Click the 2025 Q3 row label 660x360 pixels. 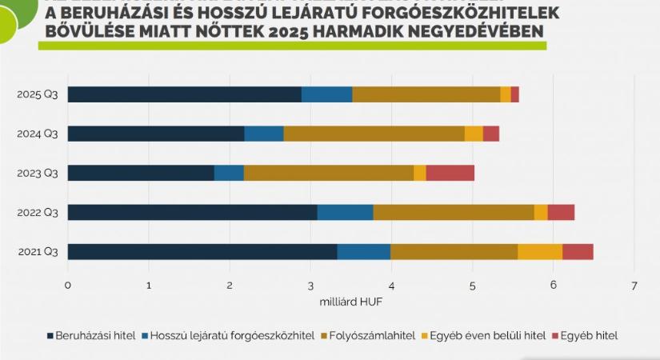(x=38, y=94)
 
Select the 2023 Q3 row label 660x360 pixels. (x=38, y=173)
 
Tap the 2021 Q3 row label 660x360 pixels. (x=38, y=252)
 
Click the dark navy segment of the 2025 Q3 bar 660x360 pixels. (x=184, y=94)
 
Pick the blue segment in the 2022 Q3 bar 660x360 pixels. (x=345, y=212)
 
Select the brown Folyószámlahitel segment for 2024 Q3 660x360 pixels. (x=374, y=134)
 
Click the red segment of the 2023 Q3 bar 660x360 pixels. (x=450, y=173)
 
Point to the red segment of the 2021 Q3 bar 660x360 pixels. (x=578, y=252)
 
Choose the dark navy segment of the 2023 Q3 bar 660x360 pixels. (x=141, y=173)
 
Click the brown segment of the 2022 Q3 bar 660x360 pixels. (x=453, y=212)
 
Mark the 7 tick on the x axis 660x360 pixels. (x=634, y=285)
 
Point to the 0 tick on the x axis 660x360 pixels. (x=68, y=285)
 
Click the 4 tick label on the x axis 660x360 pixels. (x=391, y=285)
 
